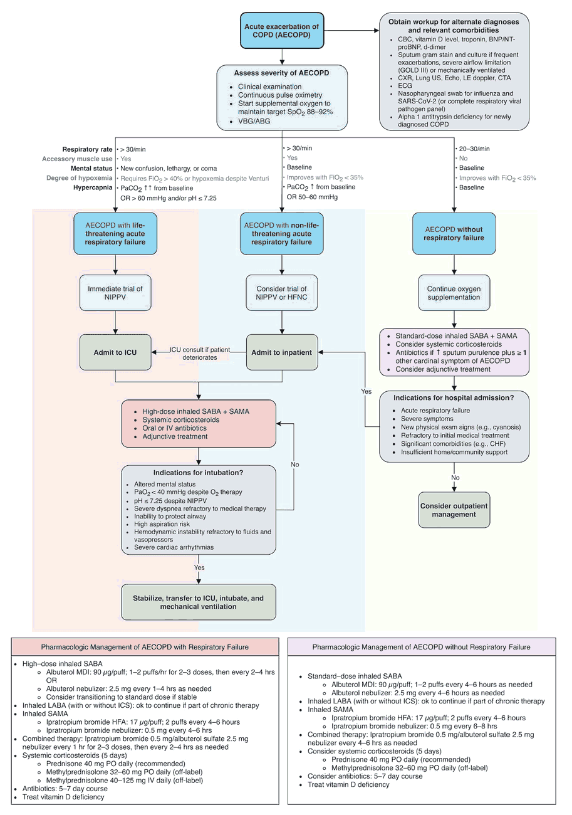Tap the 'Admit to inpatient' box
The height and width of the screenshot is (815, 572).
(x=281, y=352)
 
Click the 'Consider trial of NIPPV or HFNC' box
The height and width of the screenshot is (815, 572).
(x=281, y=293)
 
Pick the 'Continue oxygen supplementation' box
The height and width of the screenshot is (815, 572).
(x=454, y=293)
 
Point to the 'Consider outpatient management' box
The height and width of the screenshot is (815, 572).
(x=454, y=510)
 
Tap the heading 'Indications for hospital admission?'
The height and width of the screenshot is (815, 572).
(x=454, y=397)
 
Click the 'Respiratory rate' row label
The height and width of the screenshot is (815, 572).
(x=87, y=149)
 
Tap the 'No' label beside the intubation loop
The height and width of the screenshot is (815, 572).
(x=295, y=465)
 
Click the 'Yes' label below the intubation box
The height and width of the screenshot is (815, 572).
(x=199, y=567)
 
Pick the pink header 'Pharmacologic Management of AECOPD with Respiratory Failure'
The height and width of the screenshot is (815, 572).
(x=145, y=646)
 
